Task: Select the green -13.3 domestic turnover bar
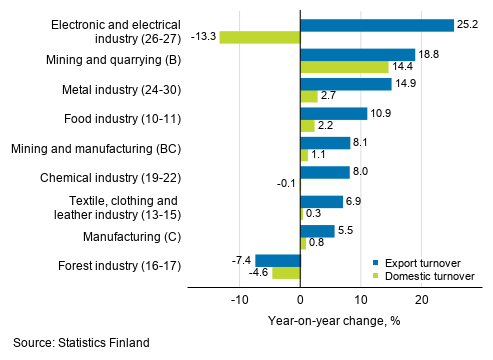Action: click(260, 38)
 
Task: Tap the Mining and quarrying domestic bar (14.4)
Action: click(344, 67)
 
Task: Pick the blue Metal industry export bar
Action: click(345, 84)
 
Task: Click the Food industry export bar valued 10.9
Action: click(333, 113)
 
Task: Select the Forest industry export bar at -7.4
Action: click(278, 260)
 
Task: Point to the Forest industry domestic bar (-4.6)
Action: click(286, 273)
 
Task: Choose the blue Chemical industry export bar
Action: click(325, 172)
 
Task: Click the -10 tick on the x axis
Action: click(238, 300)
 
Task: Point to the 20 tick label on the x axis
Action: click(422, 300)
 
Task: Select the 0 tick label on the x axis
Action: click(300, 300)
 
